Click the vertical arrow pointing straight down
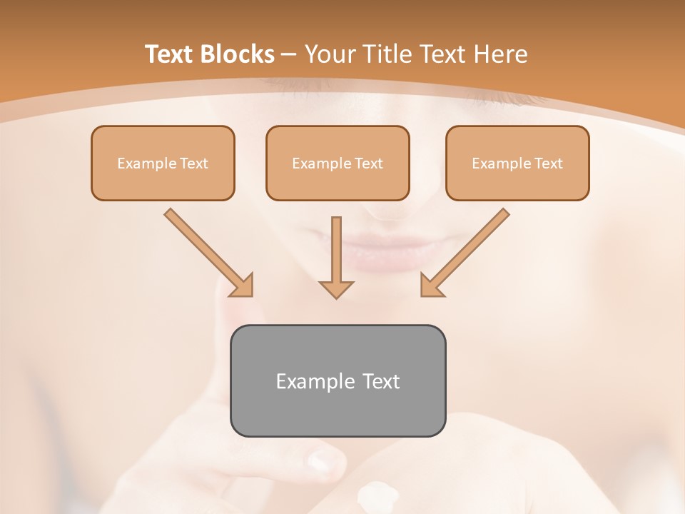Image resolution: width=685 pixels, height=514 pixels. pos(336,257)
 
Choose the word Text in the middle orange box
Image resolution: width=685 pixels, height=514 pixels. pos(368,163)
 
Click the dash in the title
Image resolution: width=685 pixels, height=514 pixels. pos(289,54)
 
